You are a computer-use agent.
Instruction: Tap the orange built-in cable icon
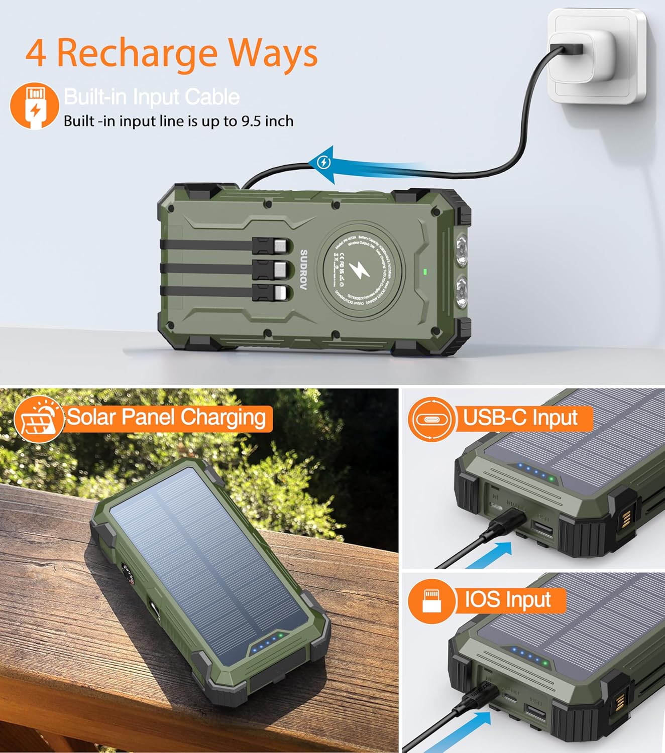click(x=34, y=105)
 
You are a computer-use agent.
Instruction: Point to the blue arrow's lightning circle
click(x=324, y=162)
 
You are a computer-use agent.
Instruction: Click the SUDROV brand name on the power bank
click(x=303, y=270)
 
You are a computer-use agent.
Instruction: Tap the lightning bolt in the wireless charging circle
click(x=360, y=271)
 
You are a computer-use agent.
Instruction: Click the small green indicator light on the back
click(x=425, y=272)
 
